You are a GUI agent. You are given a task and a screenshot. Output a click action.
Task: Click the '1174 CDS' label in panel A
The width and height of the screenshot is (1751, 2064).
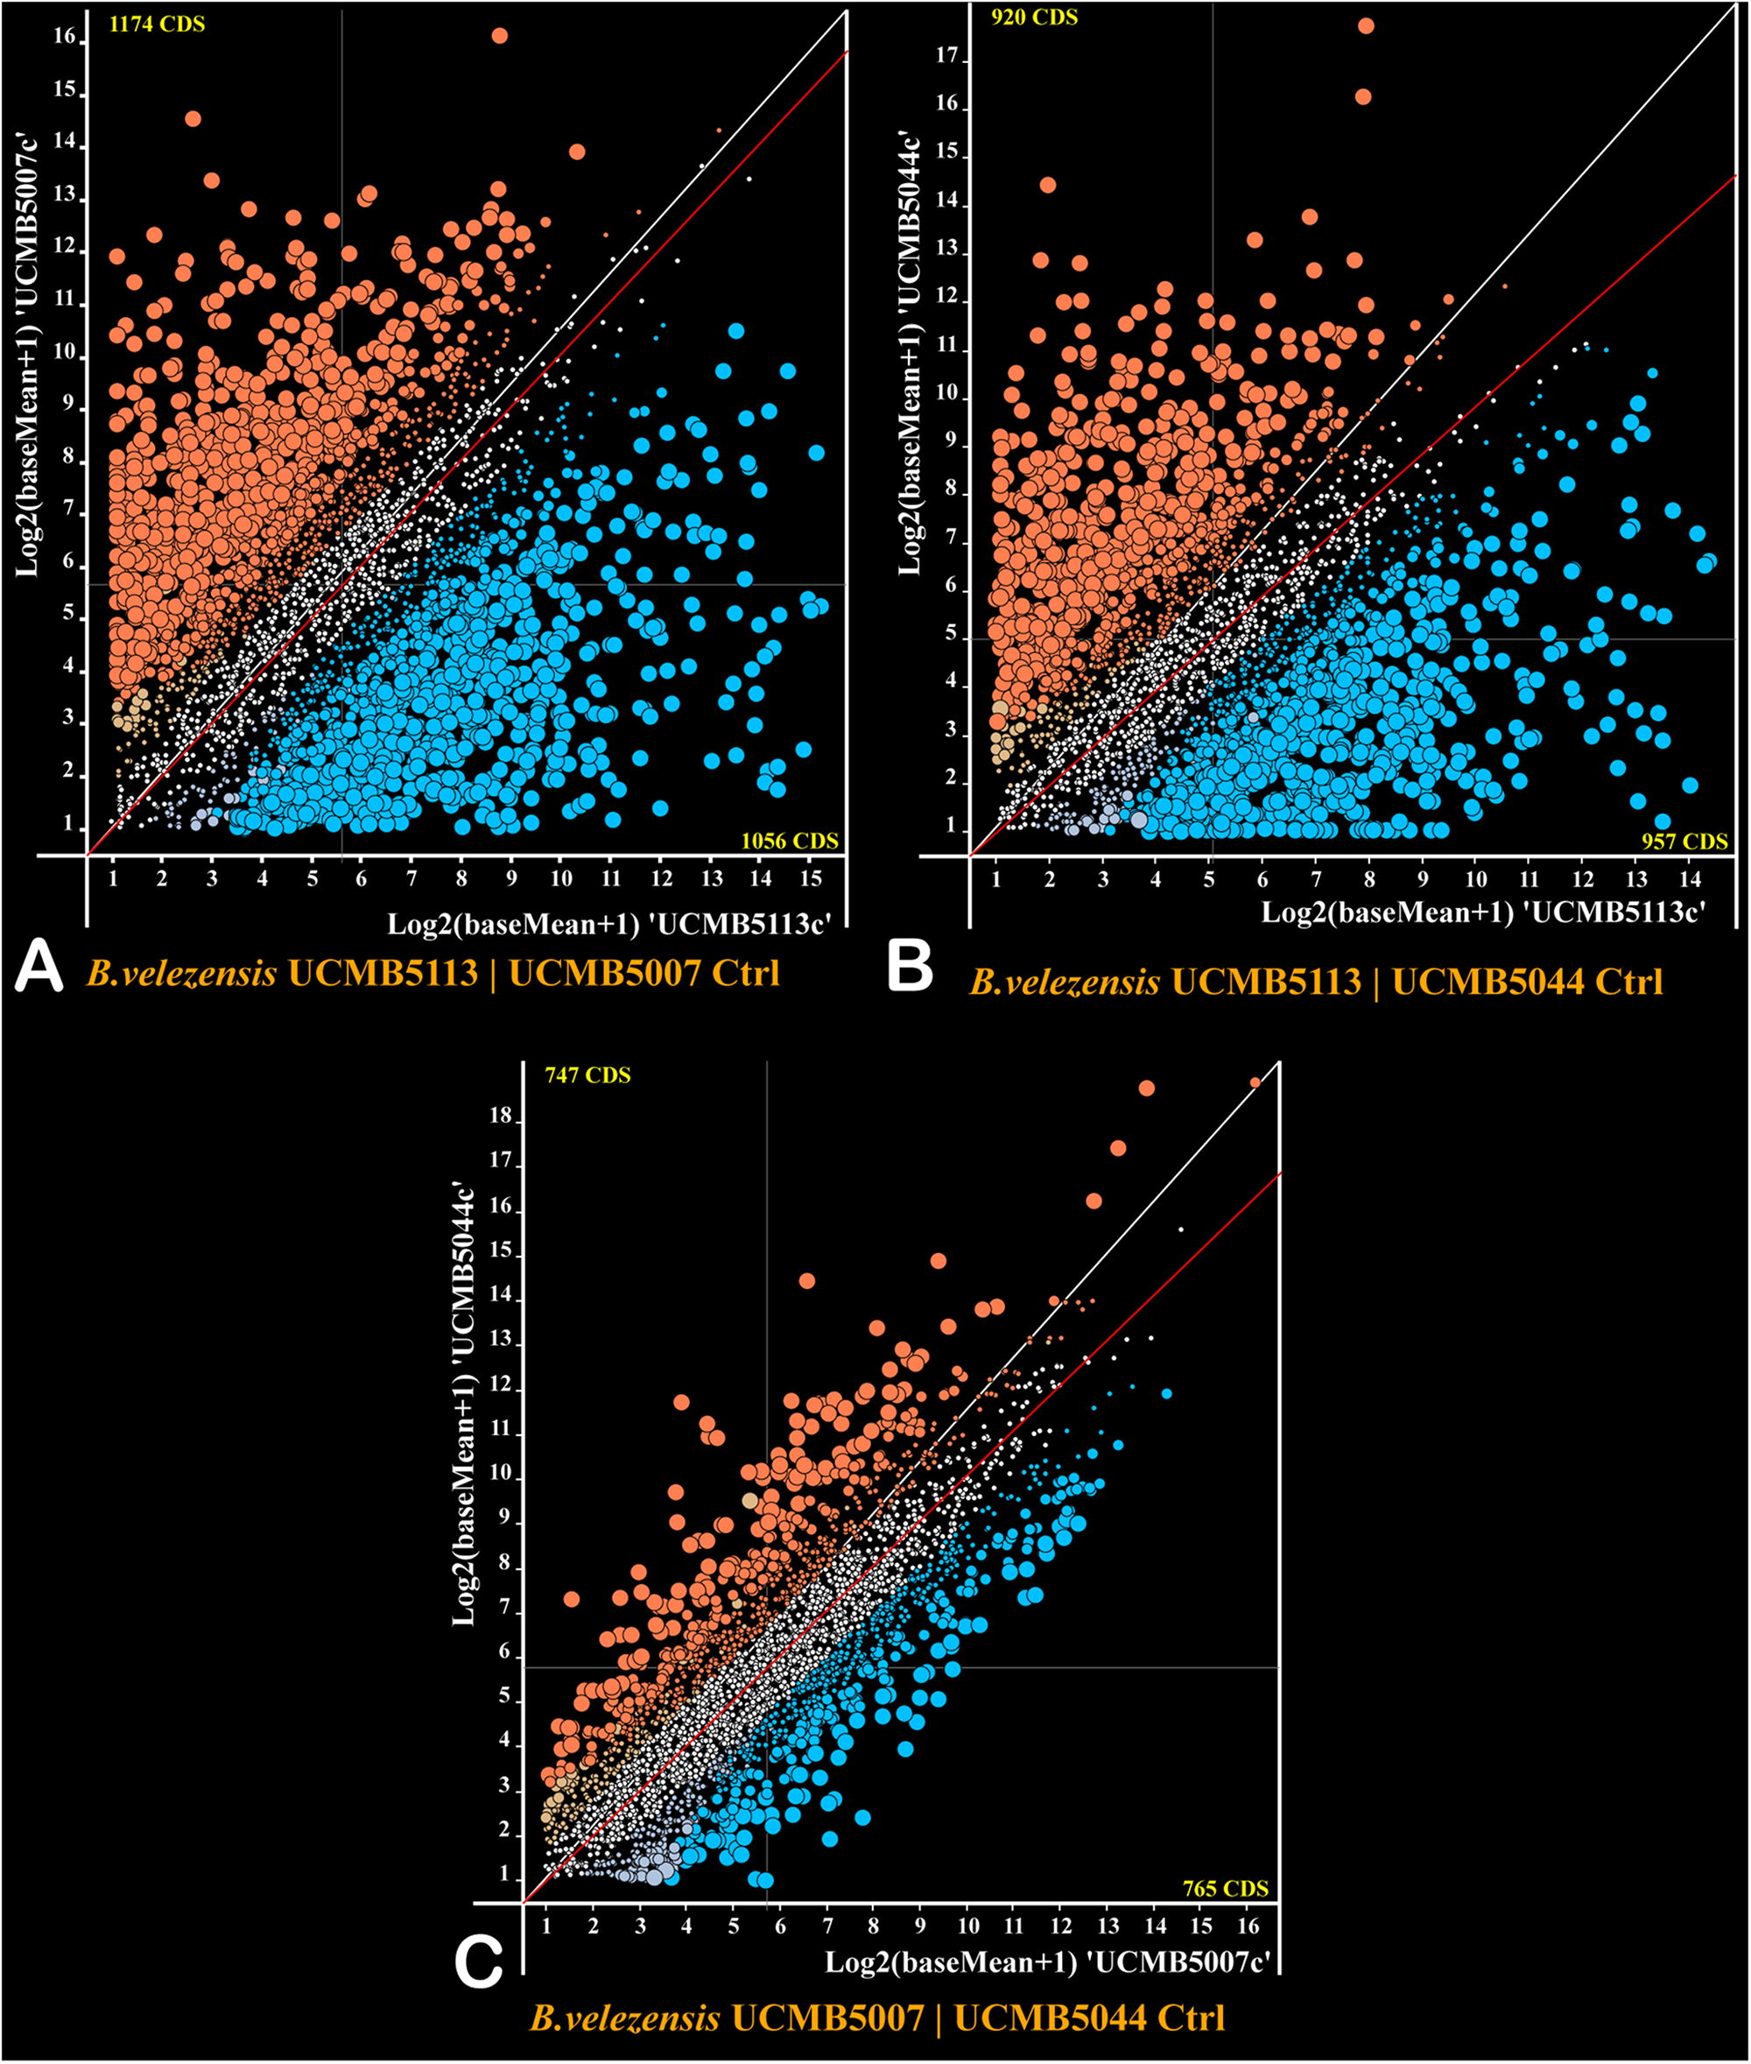[157, 24]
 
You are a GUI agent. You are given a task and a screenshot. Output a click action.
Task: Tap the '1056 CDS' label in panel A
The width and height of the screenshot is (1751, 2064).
[789, 841]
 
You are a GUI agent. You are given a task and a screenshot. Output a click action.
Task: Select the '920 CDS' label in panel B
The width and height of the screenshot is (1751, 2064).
[1033, 17]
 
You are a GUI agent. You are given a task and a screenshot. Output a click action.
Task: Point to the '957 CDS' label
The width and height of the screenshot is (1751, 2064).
[1684, 842]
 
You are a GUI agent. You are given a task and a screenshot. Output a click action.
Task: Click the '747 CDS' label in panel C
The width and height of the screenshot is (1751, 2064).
[587, 1075]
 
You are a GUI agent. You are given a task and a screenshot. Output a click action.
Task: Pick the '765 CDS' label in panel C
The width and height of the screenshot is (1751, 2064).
[1225, 1888]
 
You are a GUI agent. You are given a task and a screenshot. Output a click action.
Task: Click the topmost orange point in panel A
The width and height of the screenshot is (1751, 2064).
[499, 36]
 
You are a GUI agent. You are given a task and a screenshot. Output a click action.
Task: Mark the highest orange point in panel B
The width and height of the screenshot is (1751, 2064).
[1367, 25]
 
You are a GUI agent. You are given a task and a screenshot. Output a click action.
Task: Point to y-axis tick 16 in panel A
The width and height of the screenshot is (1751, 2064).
[65, 37]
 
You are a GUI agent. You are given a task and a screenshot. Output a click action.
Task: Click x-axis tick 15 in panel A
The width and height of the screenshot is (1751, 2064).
[811, 878]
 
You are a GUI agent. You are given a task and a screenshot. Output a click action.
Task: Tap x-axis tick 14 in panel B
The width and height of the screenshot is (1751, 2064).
[1690, 878]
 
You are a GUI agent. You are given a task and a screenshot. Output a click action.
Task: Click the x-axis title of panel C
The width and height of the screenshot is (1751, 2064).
[1047, 1962]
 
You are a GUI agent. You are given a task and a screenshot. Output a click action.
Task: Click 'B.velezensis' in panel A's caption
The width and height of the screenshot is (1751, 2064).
[181, 973]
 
